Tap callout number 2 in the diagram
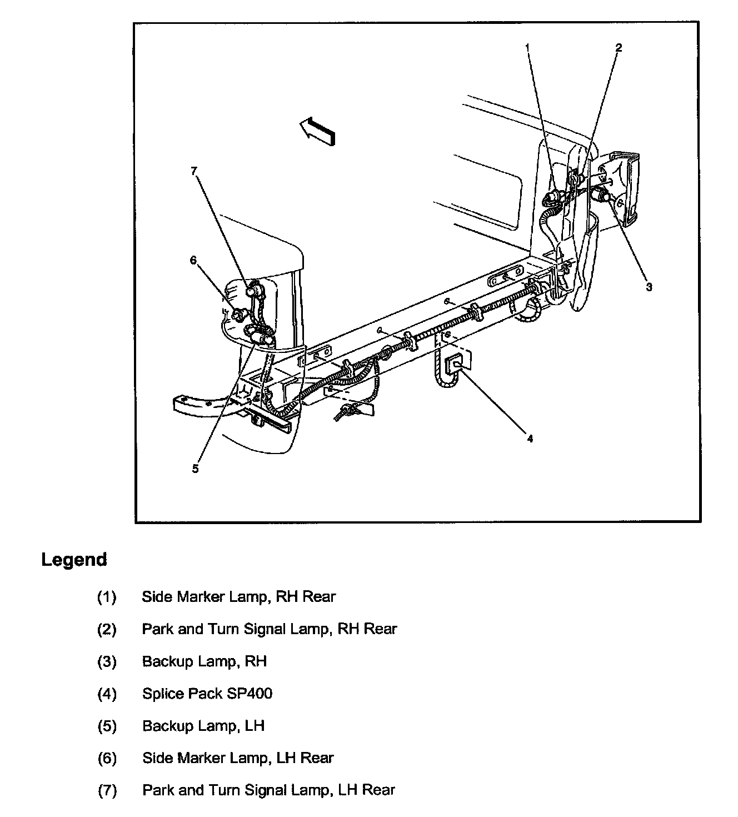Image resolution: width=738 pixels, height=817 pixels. click(x=619, y=48)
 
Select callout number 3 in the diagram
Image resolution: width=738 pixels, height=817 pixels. click(x=649, y=287)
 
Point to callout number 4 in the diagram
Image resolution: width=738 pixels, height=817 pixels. click(x=530, y=439)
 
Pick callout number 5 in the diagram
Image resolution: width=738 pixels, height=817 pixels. click(x=195, y=469)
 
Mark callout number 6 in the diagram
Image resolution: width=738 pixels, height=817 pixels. click(x=193, y=260)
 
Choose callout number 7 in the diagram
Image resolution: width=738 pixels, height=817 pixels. click(x=194, y=171)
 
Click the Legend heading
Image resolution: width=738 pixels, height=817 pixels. click(x=74, y=559)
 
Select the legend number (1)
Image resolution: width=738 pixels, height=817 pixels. click(x=107, y=597)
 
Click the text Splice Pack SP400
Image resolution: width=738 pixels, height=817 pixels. click(x=207, y=694)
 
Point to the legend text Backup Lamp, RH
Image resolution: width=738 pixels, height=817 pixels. click(x=205, y=661)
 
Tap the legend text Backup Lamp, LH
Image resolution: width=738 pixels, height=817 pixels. click(x=203, y=726)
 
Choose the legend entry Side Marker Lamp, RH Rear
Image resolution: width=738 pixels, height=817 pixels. click(x=239, y=597)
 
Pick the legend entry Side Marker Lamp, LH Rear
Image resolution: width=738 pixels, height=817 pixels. click(x=238, y=758)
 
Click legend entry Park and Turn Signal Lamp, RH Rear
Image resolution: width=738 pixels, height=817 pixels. click(x=270, y=629)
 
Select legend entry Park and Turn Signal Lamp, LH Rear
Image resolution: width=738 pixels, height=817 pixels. click(x=268, y=790)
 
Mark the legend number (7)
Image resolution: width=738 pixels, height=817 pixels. click(x=107, y=790)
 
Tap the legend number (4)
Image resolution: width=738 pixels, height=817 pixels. click(x=107, y=694)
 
